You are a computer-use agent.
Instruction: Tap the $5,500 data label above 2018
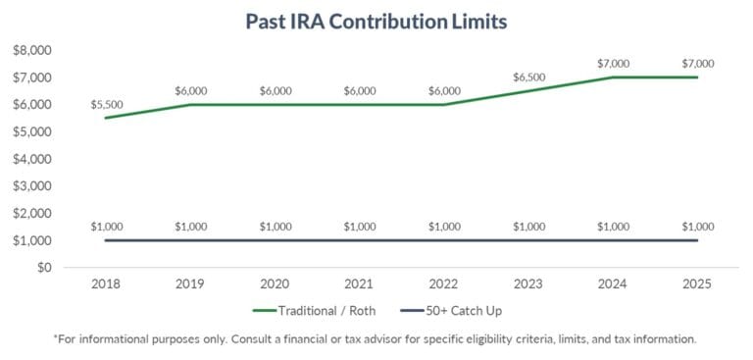(106, 104)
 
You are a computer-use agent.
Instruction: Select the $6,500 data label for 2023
(528, 77)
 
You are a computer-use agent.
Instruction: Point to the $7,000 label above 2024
(613, 64)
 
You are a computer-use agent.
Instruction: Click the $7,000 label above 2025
(697, 64)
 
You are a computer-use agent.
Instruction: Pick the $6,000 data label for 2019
(190, 90)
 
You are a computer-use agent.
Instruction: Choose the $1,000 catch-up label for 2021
(360, 227)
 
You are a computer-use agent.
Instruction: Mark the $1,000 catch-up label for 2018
(106, 227)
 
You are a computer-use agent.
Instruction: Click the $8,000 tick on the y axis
(32, 50)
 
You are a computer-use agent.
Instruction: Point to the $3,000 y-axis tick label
(32, 185)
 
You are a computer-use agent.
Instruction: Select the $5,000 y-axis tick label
(32, 131)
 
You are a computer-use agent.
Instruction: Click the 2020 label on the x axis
(275, 284)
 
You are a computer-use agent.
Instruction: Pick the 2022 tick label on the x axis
(444, 284)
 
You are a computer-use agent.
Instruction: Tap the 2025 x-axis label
(697, 284)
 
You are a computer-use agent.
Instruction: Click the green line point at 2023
(528, 91)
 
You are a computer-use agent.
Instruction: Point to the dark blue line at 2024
(613, 240)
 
